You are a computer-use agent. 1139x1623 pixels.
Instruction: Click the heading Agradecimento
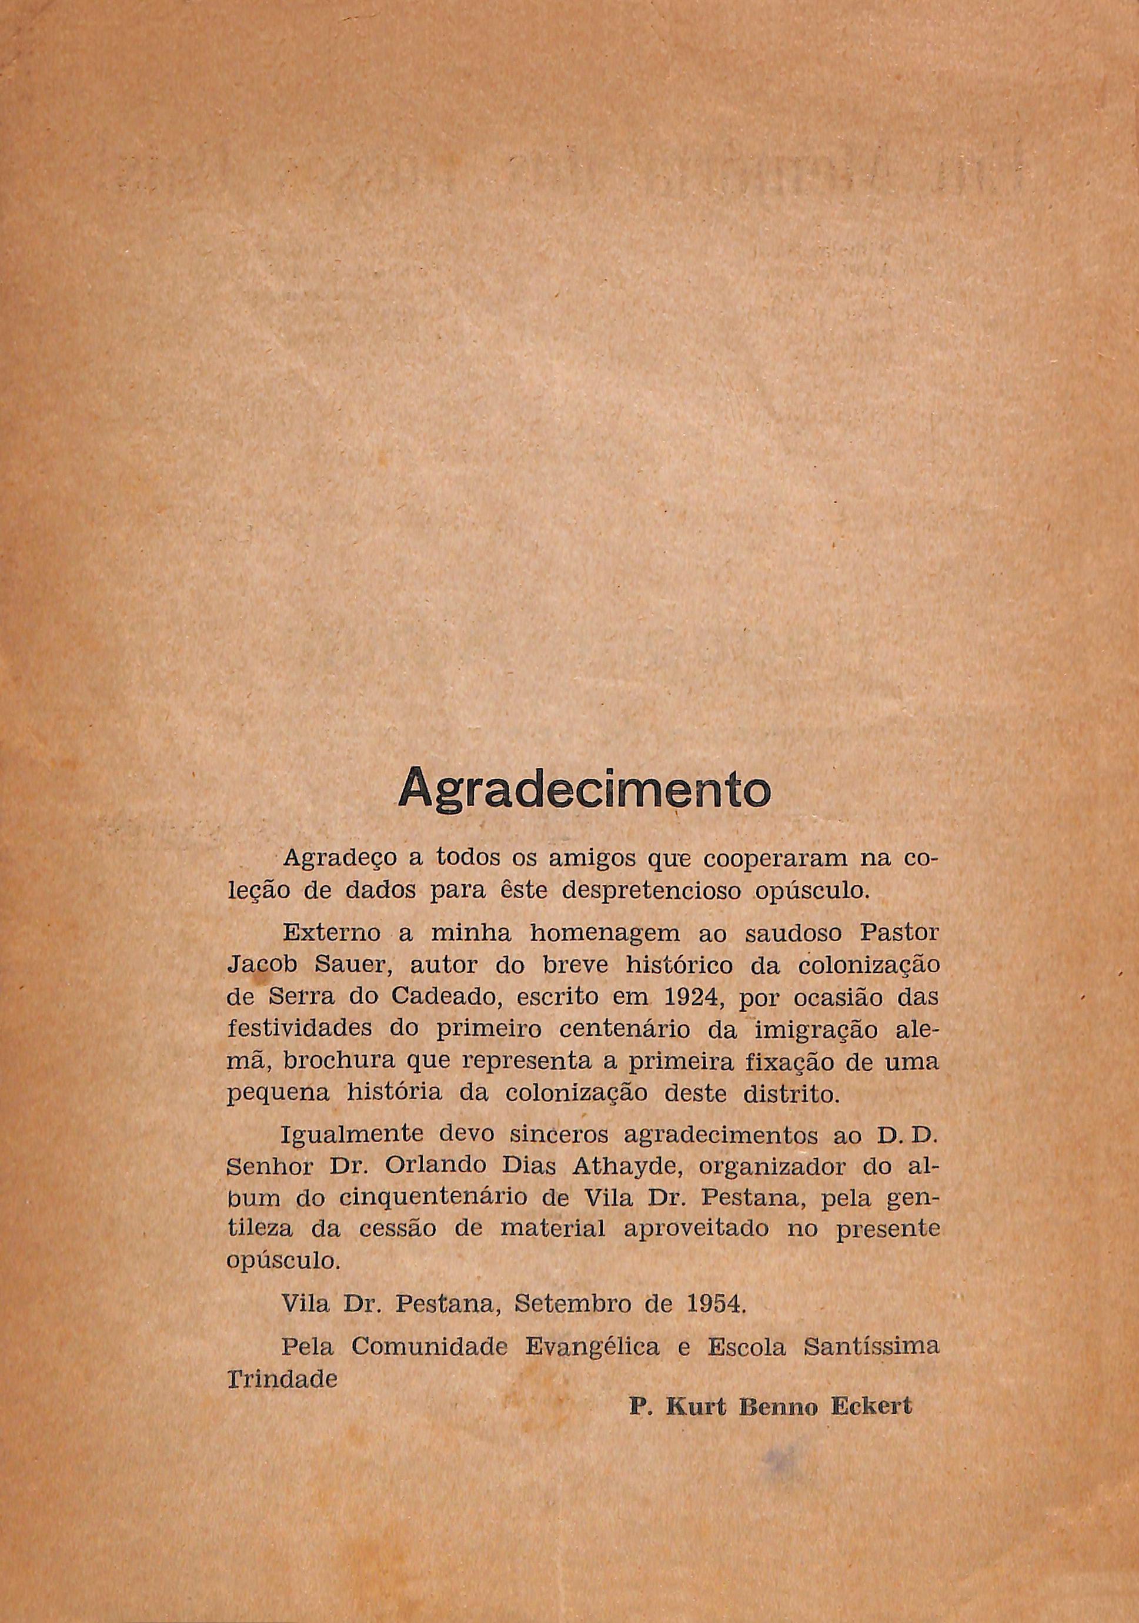click(583, 789)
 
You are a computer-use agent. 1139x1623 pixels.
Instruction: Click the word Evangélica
click(593, 1347)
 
